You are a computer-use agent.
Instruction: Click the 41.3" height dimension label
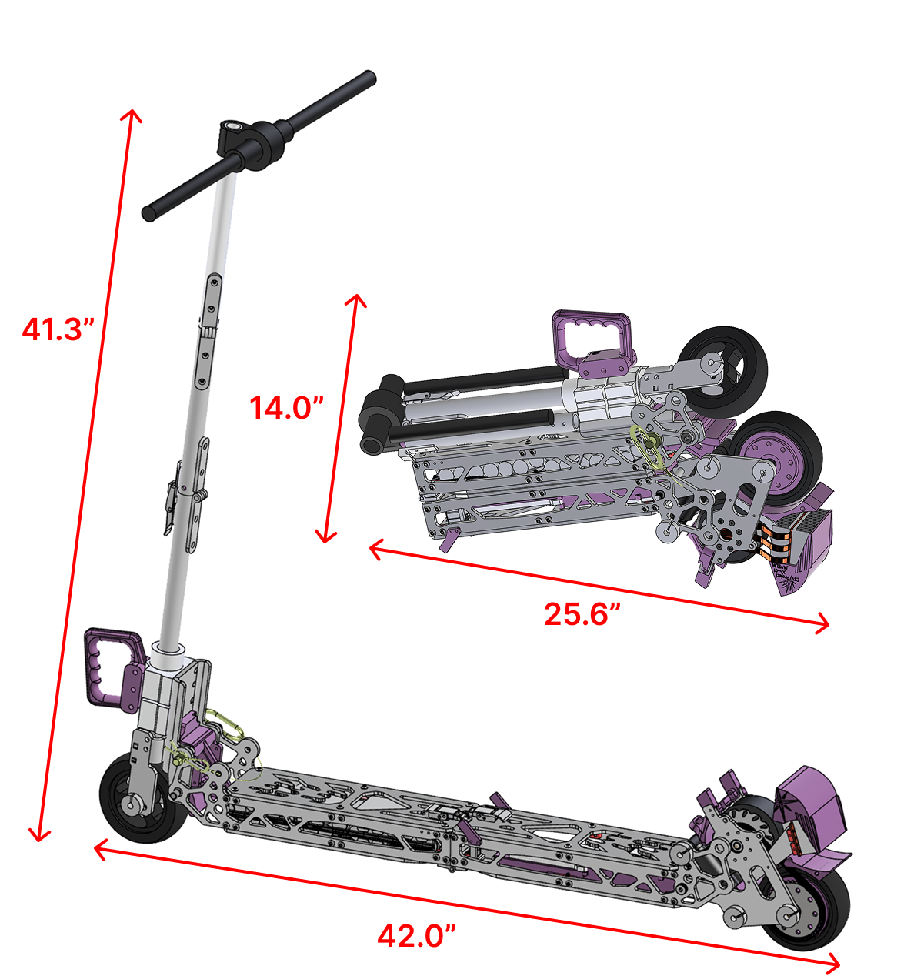tap(58, 329)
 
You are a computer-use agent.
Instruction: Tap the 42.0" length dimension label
tap(417, 935)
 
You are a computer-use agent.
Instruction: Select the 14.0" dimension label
tap(286, 407)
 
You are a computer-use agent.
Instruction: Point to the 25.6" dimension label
tap(583, 613)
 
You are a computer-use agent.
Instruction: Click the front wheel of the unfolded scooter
tap(142, 805)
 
